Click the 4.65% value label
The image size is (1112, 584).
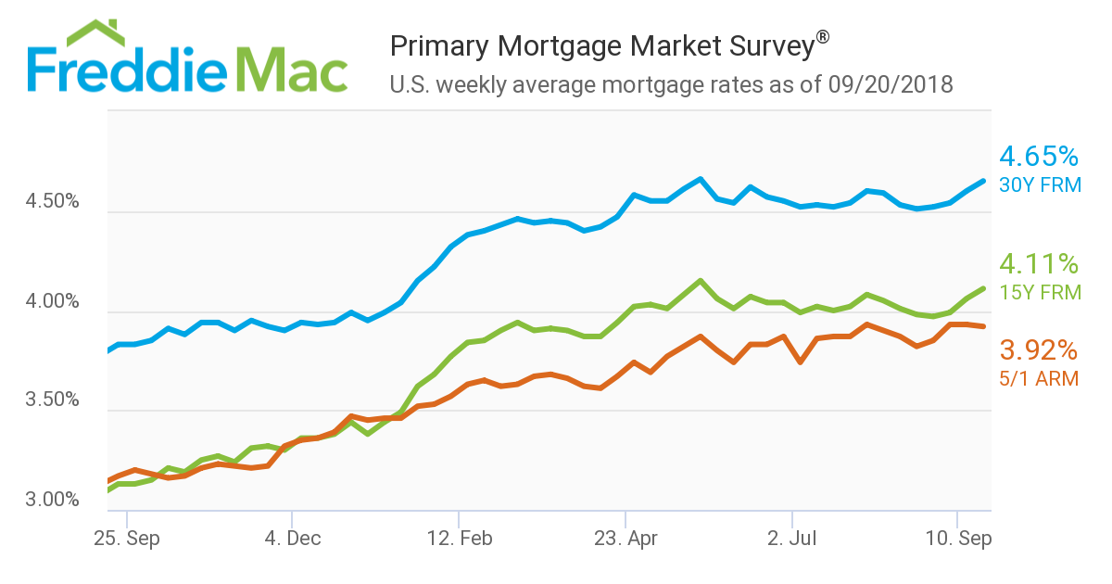click(1038, 156)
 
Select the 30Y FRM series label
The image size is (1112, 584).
click(1040, 185)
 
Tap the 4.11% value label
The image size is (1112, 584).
click(1038, 264)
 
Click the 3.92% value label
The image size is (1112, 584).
click(1038, 350)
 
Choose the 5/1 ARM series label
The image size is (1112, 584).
click(1039, 378)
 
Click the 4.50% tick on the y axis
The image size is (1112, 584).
click(54, 202)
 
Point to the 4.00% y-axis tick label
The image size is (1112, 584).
click(54, 302)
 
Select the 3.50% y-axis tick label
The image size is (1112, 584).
click(54, 401)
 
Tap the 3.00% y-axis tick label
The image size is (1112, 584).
click(54, 501)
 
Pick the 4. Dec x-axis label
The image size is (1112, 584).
click(292, 539)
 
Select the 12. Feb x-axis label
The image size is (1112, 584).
click(459, 539)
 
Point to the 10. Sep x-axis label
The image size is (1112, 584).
click(956, 539)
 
